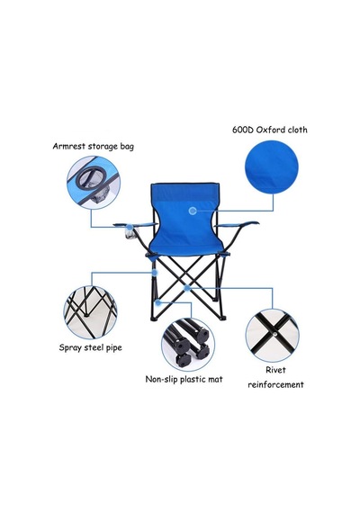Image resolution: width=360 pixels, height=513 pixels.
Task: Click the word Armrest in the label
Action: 67,146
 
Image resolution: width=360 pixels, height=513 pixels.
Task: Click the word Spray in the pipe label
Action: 69,347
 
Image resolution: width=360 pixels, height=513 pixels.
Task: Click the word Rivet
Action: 275,370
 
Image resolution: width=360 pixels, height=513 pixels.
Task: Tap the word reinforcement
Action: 275,384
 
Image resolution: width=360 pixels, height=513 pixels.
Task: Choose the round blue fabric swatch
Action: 272,167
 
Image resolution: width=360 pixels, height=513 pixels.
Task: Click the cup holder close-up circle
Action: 94,182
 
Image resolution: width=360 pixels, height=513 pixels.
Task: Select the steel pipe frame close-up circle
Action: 91,312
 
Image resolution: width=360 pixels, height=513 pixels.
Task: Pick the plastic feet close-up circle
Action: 188,345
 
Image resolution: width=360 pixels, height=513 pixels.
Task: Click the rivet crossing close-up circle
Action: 273,335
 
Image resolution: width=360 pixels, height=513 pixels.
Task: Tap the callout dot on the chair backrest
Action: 193,211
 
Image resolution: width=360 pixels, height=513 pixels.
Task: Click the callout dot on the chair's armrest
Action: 130,227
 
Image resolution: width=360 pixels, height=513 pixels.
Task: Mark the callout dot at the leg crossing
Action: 187,288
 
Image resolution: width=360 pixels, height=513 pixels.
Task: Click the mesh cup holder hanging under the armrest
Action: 130,236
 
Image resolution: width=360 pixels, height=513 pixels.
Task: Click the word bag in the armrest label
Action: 127,146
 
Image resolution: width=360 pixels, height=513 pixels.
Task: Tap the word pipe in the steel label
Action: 113,347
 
